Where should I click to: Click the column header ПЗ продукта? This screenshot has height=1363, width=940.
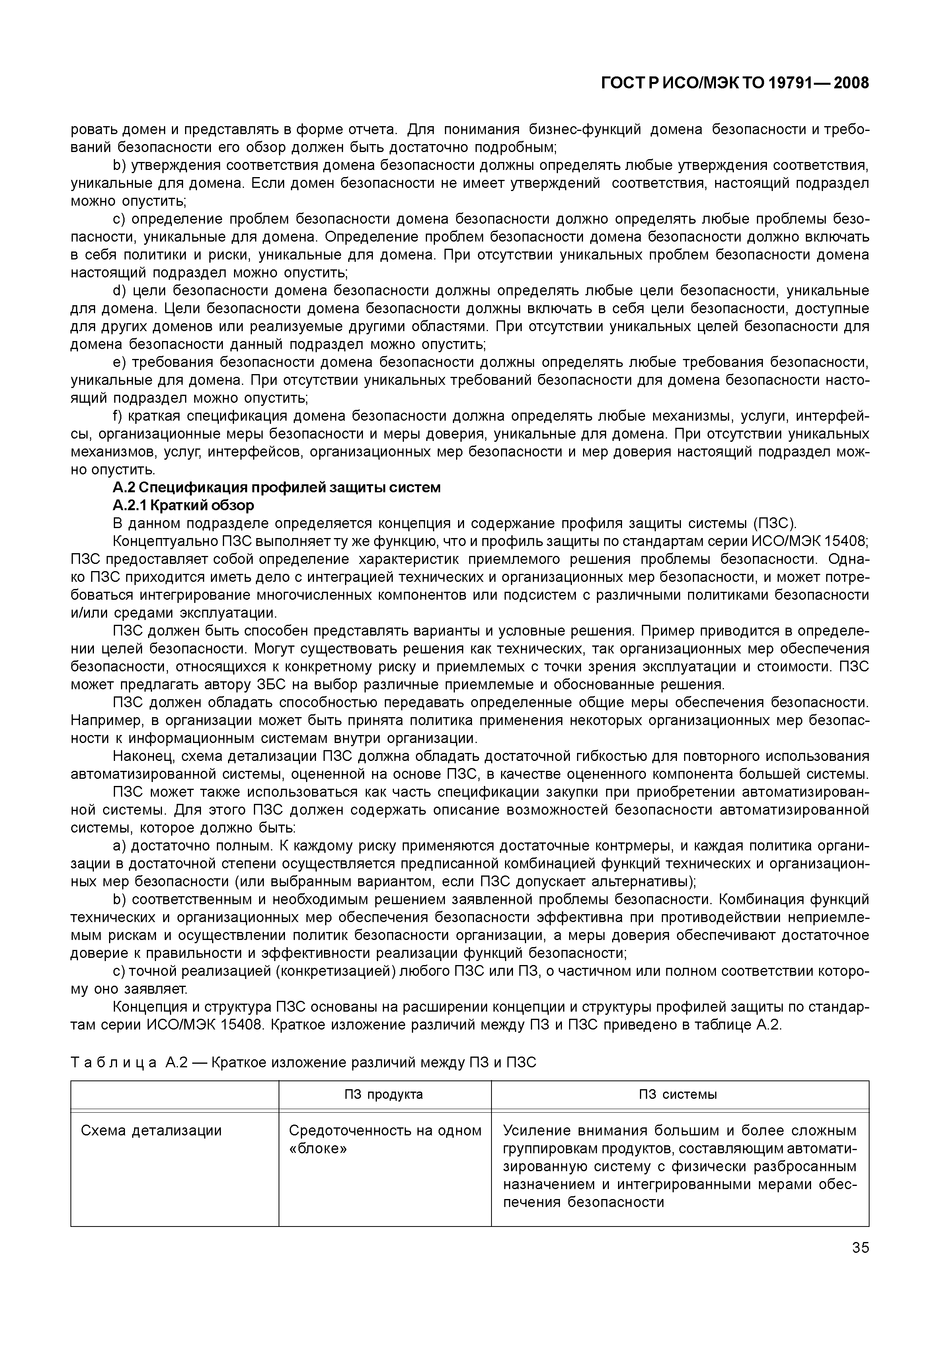coord(384,1094)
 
